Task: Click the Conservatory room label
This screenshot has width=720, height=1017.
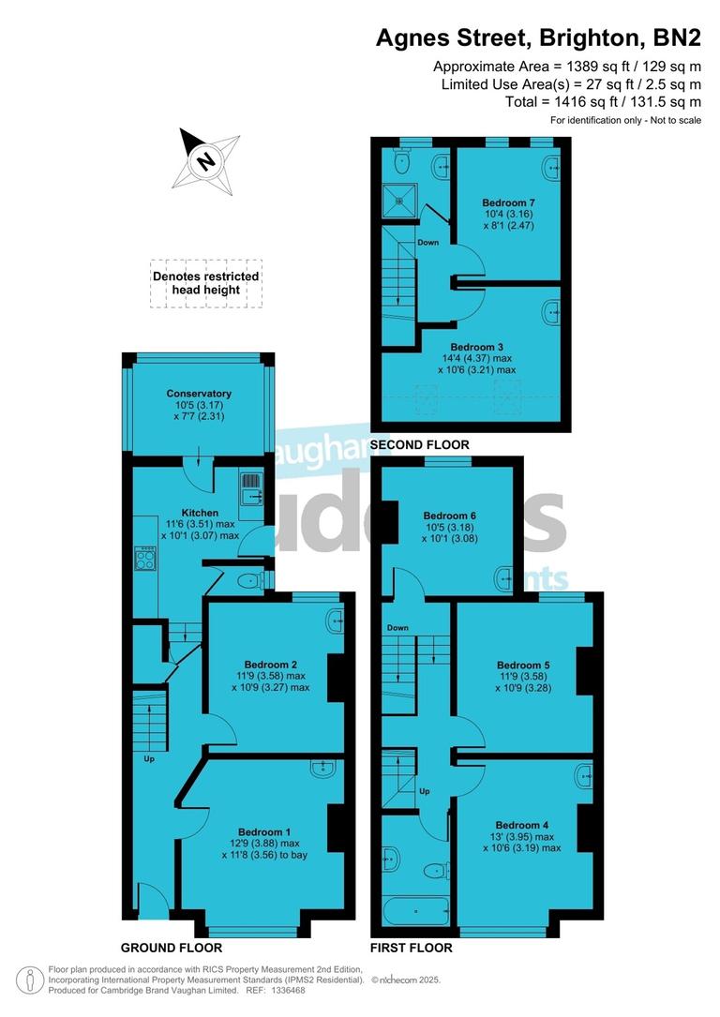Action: coord(199,394)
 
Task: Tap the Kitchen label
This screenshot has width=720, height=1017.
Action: coord(200,513)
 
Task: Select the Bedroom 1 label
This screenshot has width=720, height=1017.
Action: coord(264,832)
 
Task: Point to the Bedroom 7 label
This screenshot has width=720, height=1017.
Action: coord(508,202)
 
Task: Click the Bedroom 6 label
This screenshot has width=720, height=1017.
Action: coord(450,516)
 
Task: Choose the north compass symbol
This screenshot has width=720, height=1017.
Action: coord(203,160)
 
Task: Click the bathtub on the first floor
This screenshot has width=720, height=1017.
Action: coord(416,909)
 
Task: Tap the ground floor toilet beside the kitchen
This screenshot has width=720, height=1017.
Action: coord(251,581)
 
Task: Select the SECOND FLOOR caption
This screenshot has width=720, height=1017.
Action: coord(419,444)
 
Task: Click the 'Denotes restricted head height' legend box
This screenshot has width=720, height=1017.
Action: coord(206,283)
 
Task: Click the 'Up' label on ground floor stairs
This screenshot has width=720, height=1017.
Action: coord(149,758)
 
